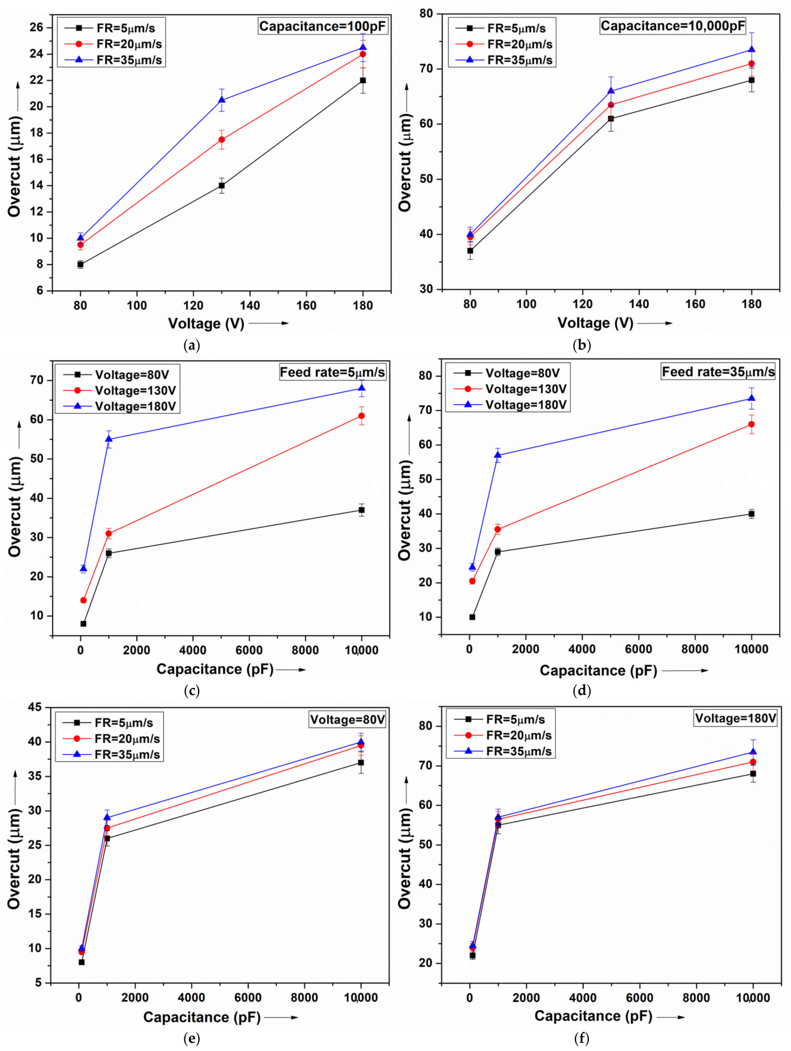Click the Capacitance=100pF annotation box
pyautogui.click(x=323, y=26)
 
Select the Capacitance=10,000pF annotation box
pyautogui.click(x=673, y=26)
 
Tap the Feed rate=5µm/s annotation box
pyautogui.click(x=333, y=372)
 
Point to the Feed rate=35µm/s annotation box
pyautogui.click(x=718, y=371)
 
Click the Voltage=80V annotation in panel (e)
pyautogui.click(x=347, y=719)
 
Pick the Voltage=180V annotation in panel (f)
pyautogui.click(x=735, y=718)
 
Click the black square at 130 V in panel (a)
pyautogui.click(x=222, y=185)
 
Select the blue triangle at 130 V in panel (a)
pyautogui.click(x=222, y=100)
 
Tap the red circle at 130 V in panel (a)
pyautogui.click(x=222, y=140)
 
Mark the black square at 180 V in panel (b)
pyautogui.click(x=751, y=80)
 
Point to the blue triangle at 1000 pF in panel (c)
pyautogui.click(x=109, y=439)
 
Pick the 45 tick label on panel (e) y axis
pyautogui.click(x=34, y=707)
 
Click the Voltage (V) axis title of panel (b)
pyautogui.click(x=595, y=323)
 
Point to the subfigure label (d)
pyautogui.click(x=581, y=690)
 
